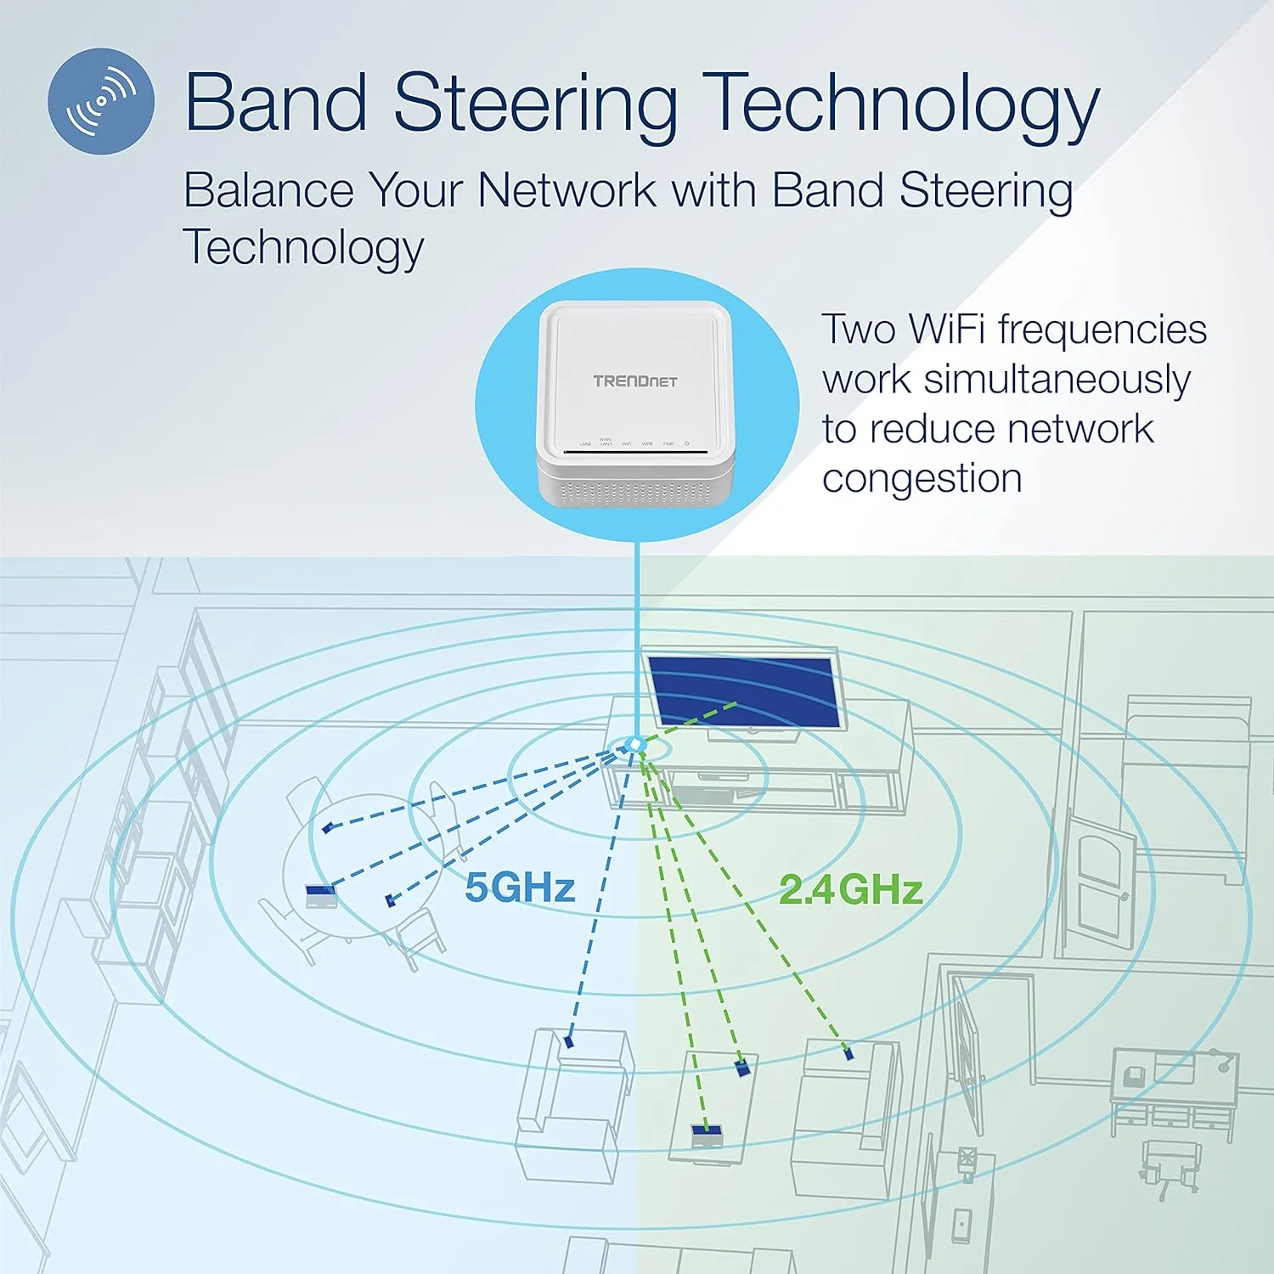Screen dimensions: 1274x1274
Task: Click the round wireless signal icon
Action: pyautogui.click(x=101, y=100)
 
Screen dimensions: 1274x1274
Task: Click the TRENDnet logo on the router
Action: pyautogui.click(x=635, y=381)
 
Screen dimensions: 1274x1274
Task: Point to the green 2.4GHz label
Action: pyautogui.click(x=851, y=889)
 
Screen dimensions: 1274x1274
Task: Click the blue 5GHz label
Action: pyautogui.click(x=520, y=888)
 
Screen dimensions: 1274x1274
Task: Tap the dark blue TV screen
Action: pyautogui.click(x=742, y=691)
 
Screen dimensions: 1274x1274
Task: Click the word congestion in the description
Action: pyautogui.click(x=922, y=478)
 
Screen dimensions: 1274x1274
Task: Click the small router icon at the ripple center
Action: pyautogui.click(x=633, y=745)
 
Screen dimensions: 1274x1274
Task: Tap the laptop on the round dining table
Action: pyautogui.click(x=321, y=895)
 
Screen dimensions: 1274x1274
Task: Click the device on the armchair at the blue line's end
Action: pyautogui.click(x=568, y=1040)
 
